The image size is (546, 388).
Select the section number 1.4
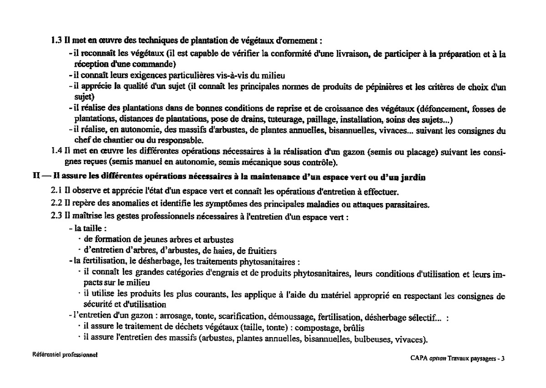pyautogui.click(x=56, y=151)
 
